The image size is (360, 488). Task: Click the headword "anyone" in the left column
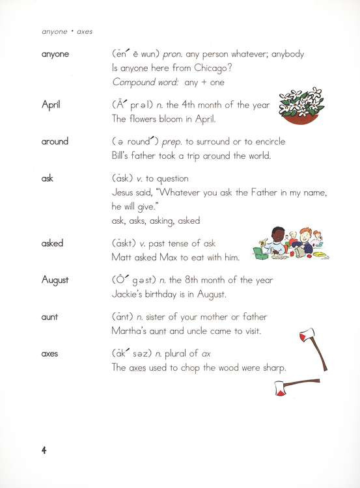(x=55, y=54)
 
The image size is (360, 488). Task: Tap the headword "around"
(x=55, y=141)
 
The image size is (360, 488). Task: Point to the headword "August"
(x=55, y=280)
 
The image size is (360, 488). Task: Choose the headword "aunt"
(x=49, y=317)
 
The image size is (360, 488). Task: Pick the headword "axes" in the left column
(x=50, y=354)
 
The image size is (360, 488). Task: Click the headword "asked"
(x=52, y=243)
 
